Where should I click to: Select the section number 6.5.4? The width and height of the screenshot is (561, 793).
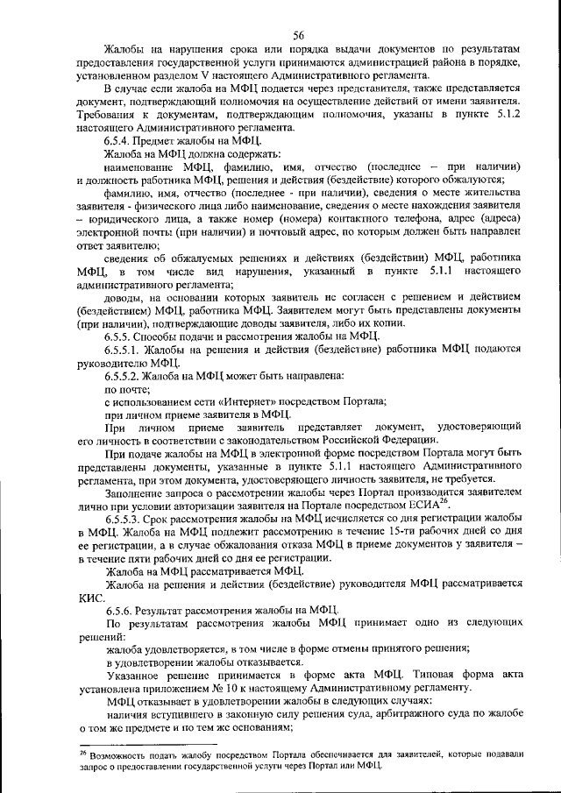click(x=120, y=141)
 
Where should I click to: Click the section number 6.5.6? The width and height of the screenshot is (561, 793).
click(x=120, y=609)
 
